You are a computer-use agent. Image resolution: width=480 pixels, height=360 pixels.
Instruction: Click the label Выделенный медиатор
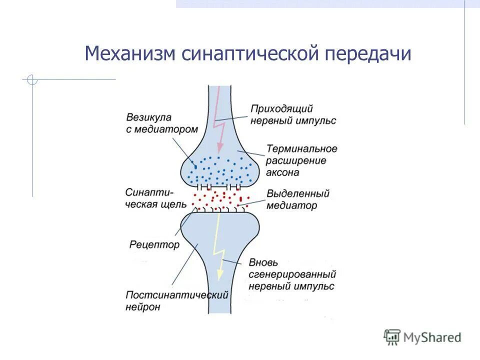[298, 199]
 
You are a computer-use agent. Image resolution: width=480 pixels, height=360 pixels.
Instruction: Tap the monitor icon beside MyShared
[392, 337]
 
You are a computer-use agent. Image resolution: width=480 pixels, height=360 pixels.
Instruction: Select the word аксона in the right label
[283, 172]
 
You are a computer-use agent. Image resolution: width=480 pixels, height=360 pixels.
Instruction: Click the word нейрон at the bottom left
[143, 307]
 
